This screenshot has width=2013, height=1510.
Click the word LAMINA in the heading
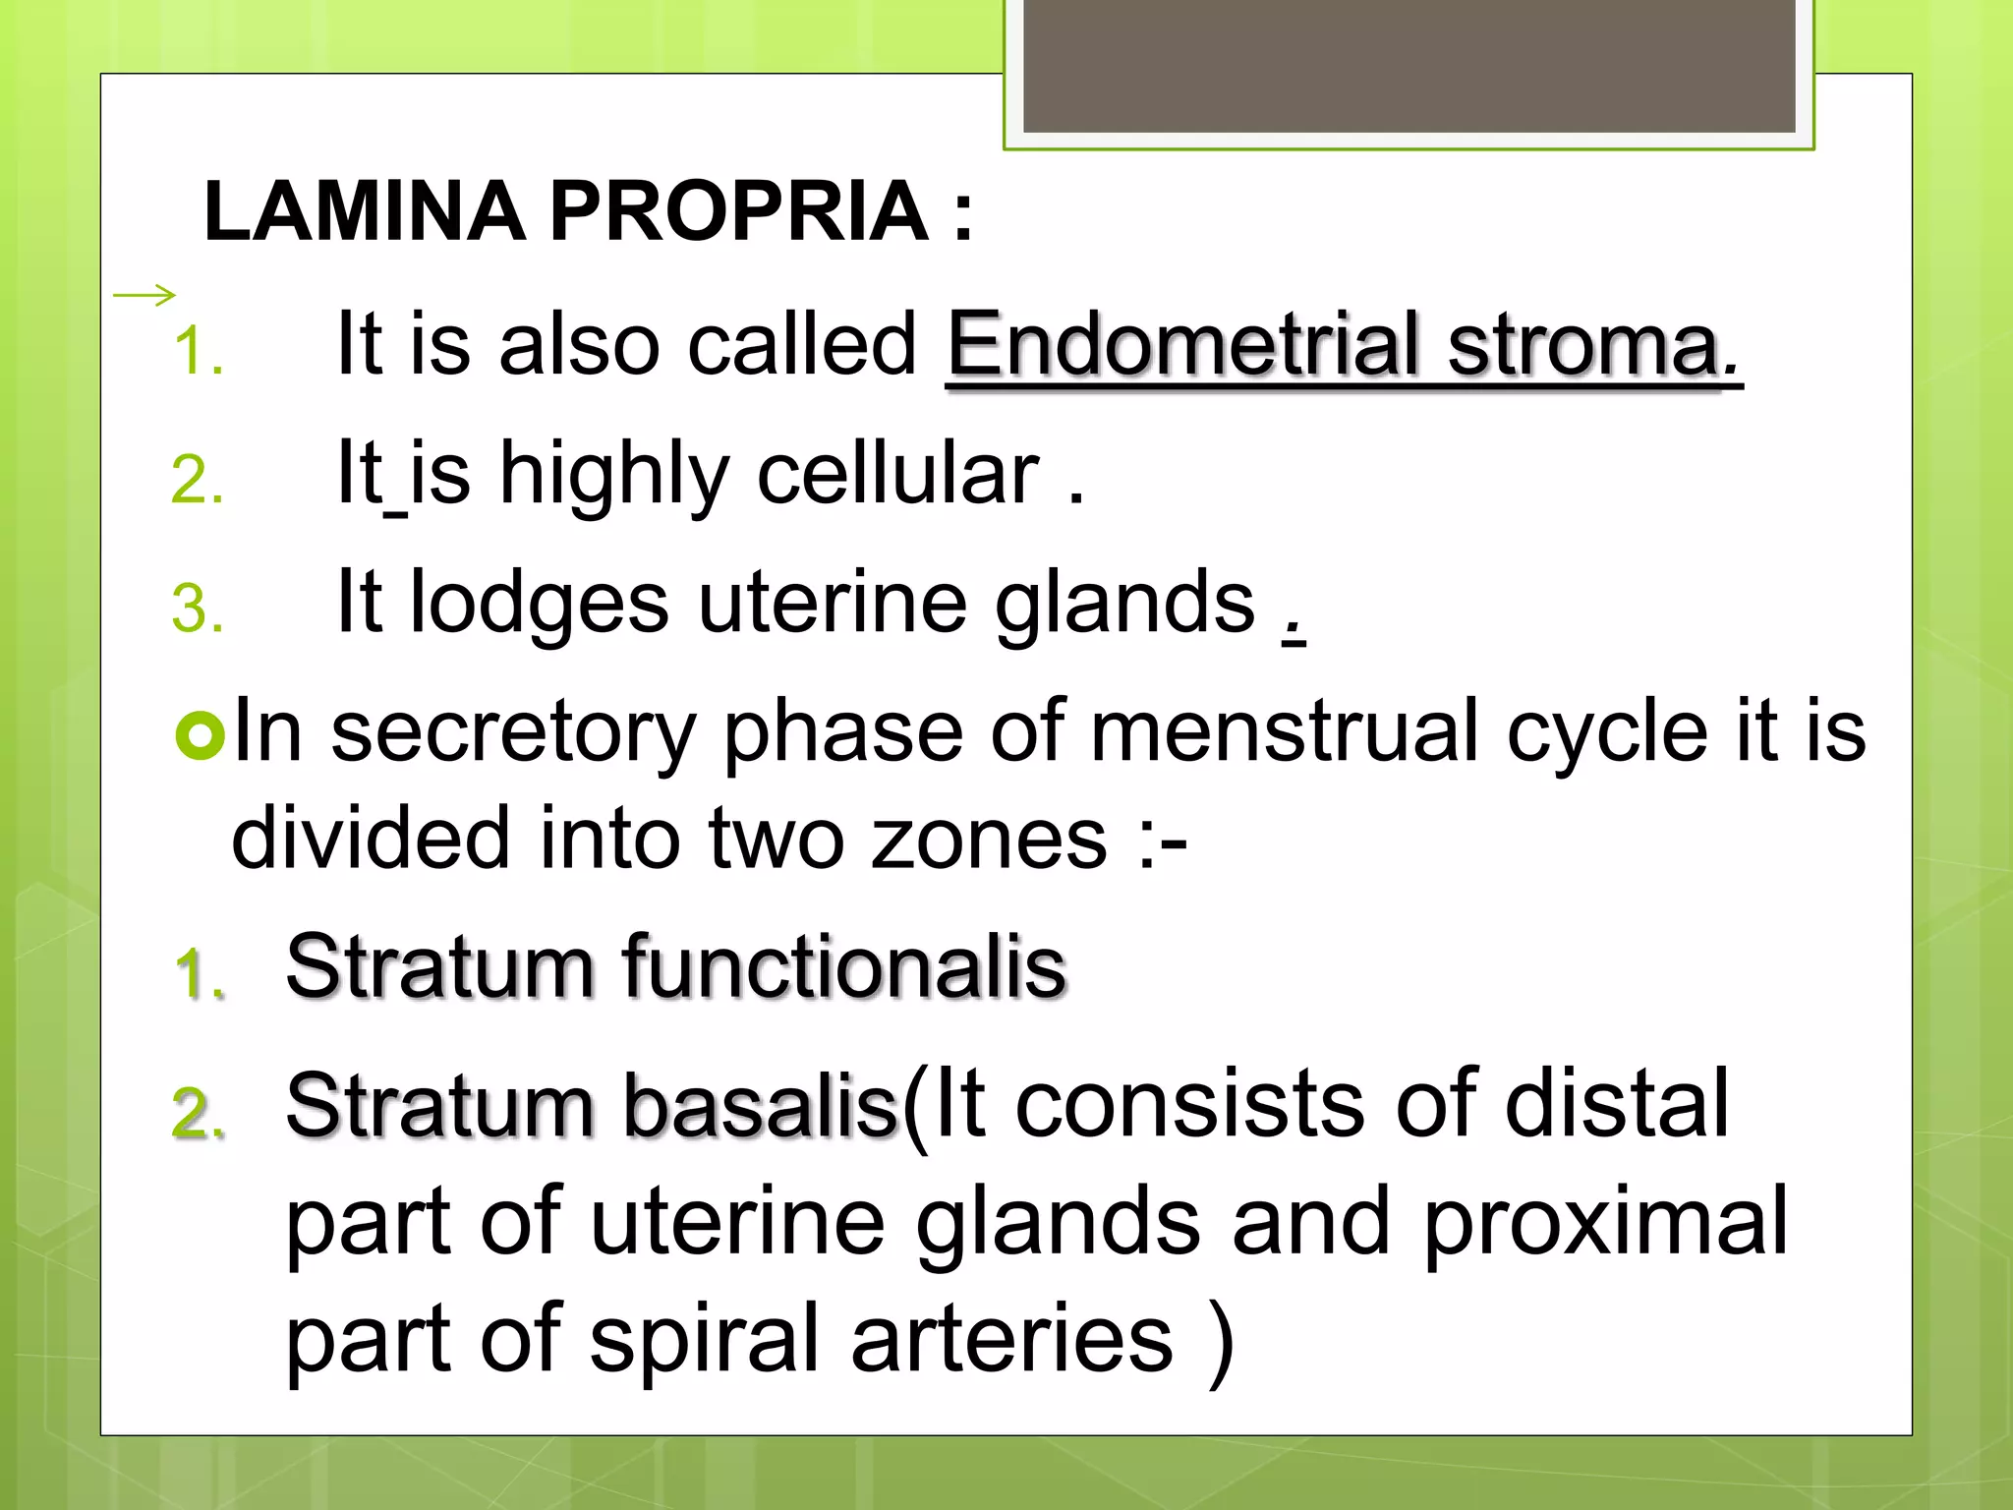pyautogui.click(x=364, y=211)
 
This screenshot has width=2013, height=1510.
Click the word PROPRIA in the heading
pyautogui.click(x=737, y=211)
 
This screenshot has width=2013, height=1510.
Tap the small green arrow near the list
pyautogui.click(x=144, y=294)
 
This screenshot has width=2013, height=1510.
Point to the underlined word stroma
pyautogui.click(x=1582, y=346)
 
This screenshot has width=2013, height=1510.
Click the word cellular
pyautogui.click(x=896, y=474)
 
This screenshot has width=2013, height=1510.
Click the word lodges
pyautogui.click(x=539, y=605)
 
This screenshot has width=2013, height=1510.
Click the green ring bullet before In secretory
pyautogui.click(x=201, y=736)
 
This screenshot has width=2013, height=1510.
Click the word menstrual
pyautogui.click(x=1284, y=732)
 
